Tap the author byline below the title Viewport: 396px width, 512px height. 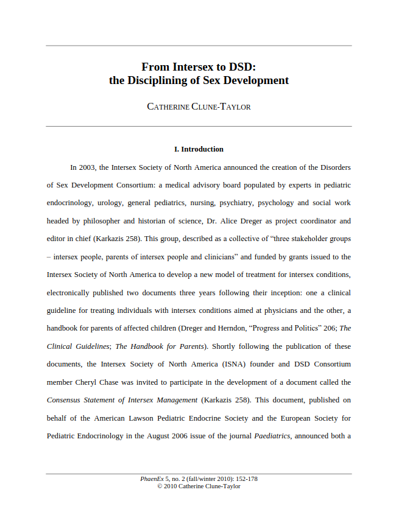199,107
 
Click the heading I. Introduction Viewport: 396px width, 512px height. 199,149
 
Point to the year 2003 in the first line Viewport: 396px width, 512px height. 88,167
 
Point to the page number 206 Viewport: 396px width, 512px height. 328,328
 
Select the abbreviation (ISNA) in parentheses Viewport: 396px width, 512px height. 233,364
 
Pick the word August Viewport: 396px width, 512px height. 174,436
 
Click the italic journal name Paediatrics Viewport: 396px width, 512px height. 272,436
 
